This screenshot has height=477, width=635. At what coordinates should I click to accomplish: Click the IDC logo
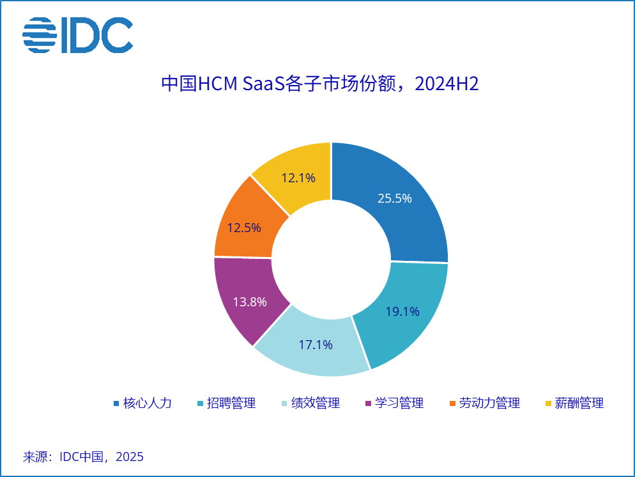point(77,35)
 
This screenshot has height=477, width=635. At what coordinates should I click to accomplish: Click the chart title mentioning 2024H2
point(319,84)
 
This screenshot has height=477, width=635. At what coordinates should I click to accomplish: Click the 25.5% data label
point(394,198)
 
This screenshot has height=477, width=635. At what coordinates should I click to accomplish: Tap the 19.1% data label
point(402,312)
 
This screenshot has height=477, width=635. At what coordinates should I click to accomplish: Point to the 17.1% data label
point(316,345)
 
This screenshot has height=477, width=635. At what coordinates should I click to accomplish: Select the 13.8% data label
point(250,302)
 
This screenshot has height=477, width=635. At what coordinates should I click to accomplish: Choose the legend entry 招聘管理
point(231,403)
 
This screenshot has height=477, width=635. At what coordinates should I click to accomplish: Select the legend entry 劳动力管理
point(489,403)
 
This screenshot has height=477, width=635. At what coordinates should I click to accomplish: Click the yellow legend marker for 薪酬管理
point(548,403)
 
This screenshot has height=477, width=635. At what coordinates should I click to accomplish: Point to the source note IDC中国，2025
point(83,457)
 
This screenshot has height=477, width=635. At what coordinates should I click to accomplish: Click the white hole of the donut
point(331,258)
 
